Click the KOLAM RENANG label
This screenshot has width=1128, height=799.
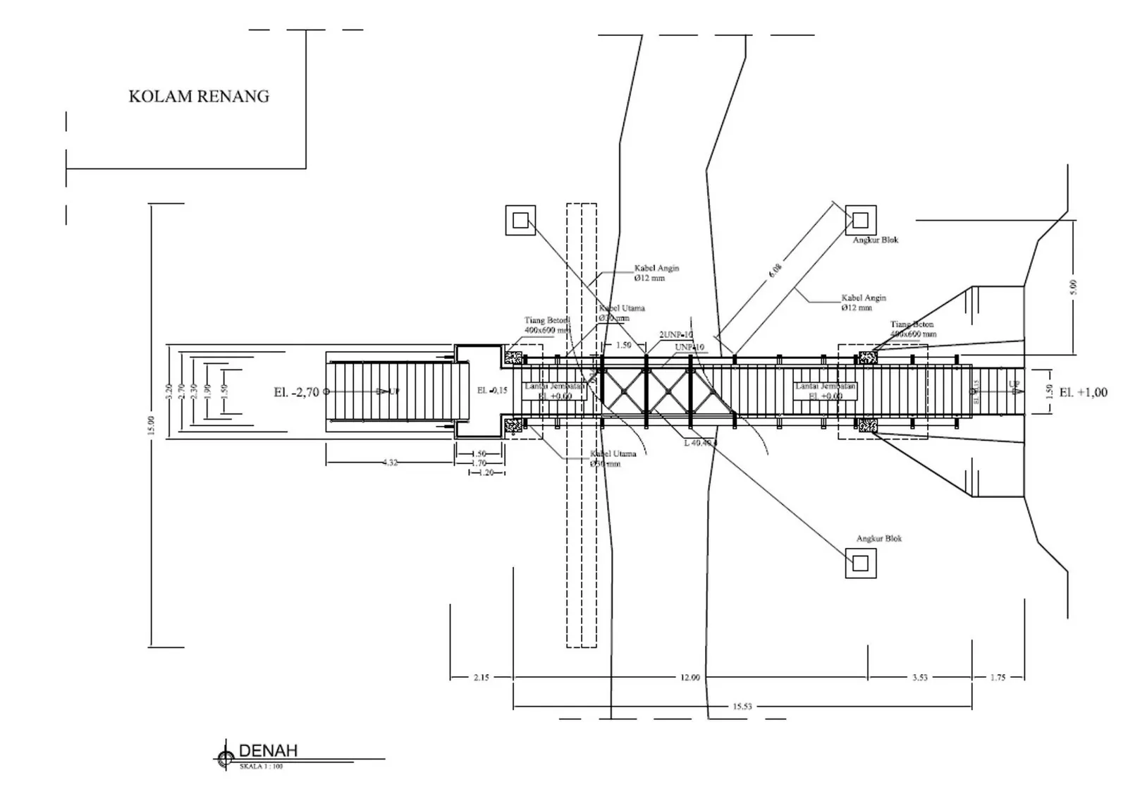point(199,97)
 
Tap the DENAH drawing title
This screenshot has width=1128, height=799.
point(268,750)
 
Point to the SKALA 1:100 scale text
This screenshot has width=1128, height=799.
point(261,767)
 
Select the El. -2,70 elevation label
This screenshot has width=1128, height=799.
point(296,392)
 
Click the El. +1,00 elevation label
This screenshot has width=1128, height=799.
point(1083,392)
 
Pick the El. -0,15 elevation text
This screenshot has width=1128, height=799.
point(492,391)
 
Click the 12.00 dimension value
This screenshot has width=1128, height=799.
point(690,678)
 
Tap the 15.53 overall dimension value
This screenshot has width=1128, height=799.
point(742,706)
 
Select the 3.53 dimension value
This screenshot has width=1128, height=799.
point(919,678)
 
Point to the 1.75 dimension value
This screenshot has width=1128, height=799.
point(998,678)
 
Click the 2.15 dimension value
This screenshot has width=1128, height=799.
point(481,678)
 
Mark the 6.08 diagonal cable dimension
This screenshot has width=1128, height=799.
point(775,269)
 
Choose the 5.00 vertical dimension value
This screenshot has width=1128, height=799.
point(1073,287)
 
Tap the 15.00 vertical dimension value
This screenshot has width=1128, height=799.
point(151,425)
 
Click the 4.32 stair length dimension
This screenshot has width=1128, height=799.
point(389,463)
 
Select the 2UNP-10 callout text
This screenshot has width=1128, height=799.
point(676,334)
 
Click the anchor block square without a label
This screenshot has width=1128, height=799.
point(520,220)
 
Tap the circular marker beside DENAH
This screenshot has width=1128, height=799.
point(226,758)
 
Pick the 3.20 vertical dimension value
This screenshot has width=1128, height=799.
point(168,391)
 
